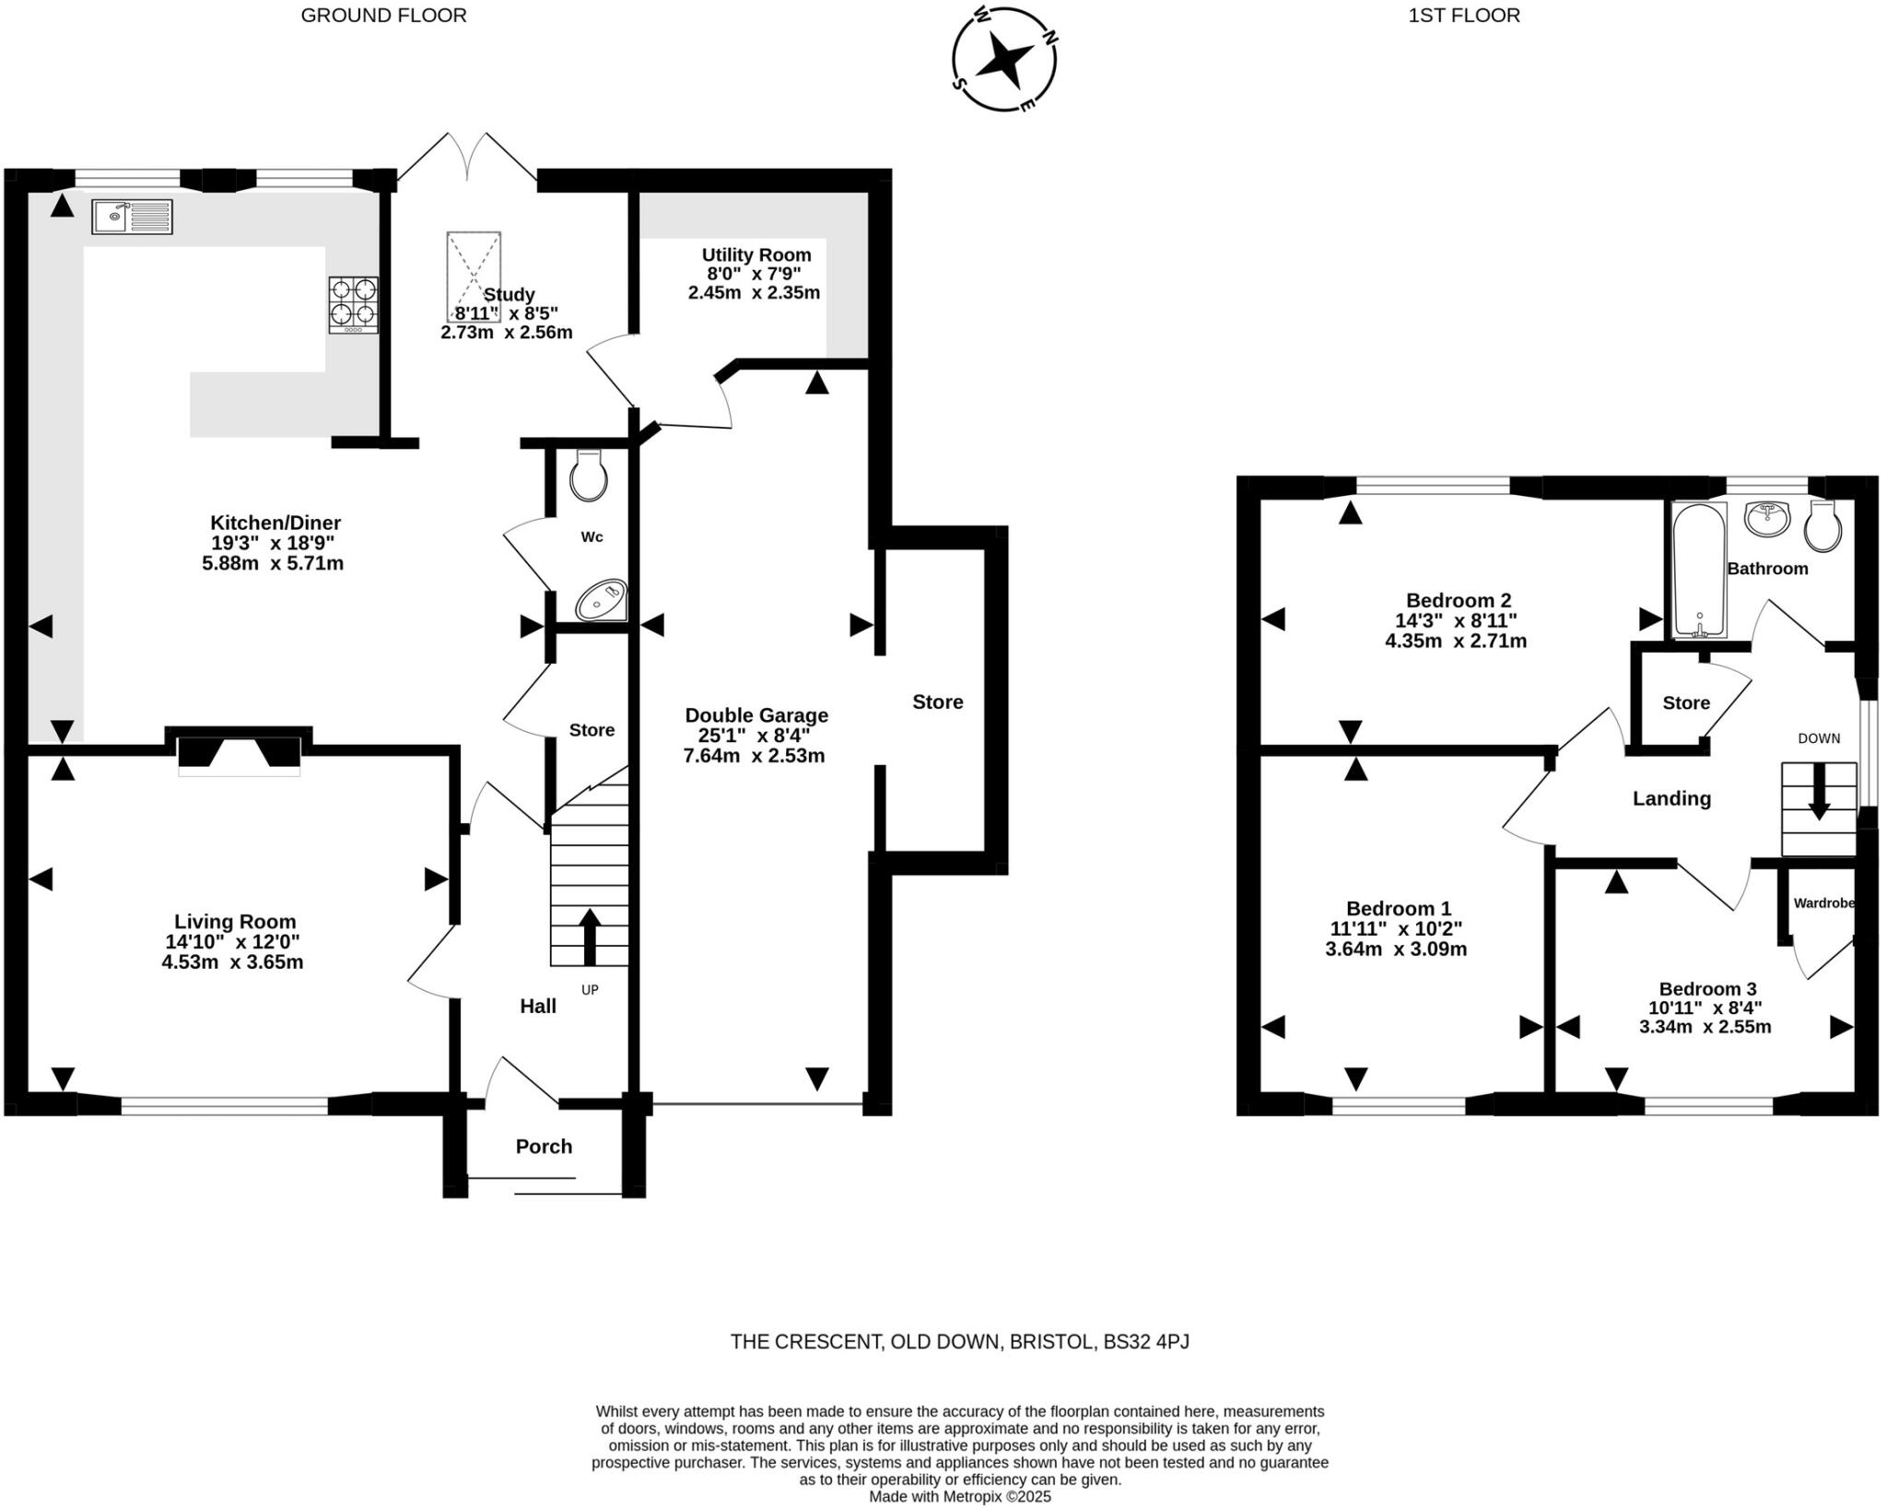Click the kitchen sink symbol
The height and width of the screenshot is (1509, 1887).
pyautogui.click(x=132, y=217)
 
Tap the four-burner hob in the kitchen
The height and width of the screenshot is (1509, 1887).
pyautogui.click(x=353, y=304)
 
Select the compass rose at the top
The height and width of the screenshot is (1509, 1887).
pyautogui.click(x=1003, y=60)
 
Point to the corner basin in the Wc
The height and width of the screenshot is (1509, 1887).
pyautogui.click(x=602, y=600)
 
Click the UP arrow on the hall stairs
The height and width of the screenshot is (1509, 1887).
pyautogui.click(x=589, y=936)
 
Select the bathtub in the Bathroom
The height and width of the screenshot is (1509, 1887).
pyautogui.click(x=1700, y=570)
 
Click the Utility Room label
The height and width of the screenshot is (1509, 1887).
pyautogui.click(x=756, y=254)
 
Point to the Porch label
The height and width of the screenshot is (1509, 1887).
pyautogui.click(x=544, y=1147)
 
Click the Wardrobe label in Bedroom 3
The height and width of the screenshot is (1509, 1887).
pyautogui.click(x=1823, y=903)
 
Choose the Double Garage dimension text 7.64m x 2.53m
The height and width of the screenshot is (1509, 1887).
pyautogui.click(x=754, y=756)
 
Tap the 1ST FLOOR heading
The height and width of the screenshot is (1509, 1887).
pyautogui.click(x=1464, y=15)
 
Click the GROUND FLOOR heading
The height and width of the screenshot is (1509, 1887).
pyautogui.click(x=383, y=15)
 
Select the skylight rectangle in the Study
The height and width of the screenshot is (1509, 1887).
pyautogui.click(x=474, y=276)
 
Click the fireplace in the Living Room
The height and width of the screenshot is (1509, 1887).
pyautogui.click(x=239, y=753)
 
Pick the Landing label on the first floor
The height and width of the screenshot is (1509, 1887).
pyautogui.click(x=1671, y=798)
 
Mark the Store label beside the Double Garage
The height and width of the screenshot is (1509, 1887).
pyautogui.click(x=937, y=701)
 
